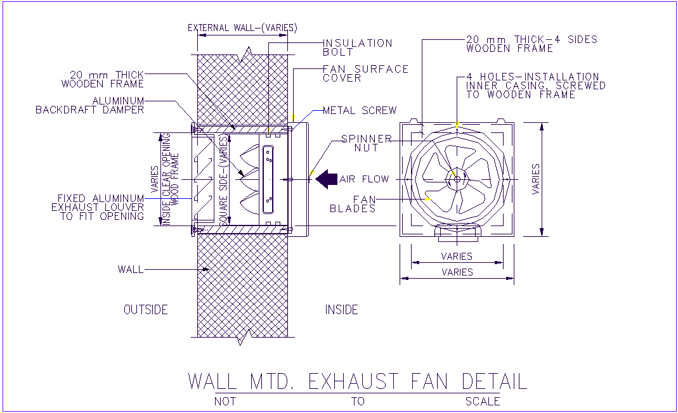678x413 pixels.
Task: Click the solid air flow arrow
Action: coord(327,179)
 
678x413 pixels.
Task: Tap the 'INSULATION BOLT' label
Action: coord(358,48)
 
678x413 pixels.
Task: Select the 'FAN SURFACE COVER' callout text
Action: coord(365,73)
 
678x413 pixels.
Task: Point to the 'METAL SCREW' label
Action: coord(360,110)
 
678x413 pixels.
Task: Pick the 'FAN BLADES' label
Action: coord(353,204)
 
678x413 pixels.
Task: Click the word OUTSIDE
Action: coord(145,310)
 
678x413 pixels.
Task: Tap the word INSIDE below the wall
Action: coord(341,310)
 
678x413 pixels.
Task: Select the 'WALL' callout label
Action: coord(130,269)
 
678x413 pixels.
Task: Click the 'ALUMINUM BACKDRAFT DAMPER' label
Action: coord(90,105)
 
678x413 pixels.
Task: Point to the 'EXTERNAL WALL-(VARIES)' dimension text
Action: coord(242,28)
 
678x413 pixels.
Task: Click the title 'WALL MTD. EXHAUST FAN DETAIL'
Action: coord(357,381)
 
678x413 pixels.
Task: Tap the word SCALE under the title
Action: coord(482,401)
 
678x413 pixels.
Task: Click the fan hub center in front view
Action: coord(457,179)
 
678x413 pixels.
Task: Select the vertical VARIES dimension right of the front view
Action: coord(537,179)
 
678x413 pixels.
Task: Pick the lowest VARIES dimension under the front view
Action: coord(457,272)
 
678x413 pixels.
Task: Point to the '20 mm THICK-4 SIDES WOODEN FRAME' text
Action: coord(531,44)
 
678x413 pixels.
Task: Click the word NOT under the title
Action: coord(225,401)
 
